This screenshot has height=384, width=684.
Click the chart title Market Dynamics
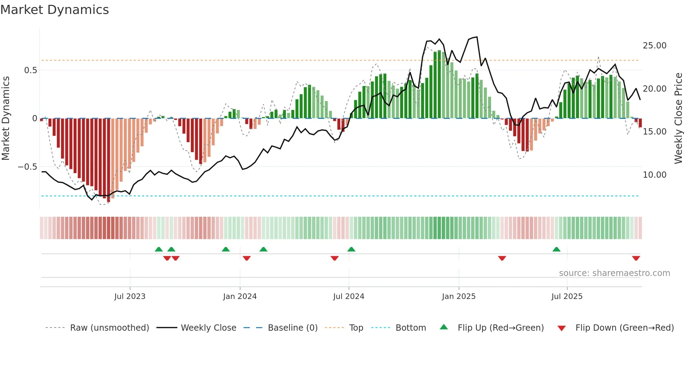[x=55, y=10]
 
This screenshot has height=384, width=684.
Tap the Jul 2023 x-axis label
[x=130, y=297]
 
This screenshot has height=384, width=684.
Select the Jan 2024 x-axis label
[x=240, y=297]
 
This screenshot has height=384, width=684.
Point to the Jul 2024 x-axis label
[x=349, y=297]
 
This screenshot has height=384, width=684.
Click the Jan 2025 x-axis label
[x=459, y=297]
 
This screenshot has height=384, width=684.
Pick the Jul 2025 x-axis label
[x=567, y=297]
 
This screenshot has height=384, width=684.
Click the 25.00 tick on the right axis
[x=655, y=46]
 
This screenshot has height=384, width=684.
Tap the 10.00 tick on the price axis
[x=655, y=175]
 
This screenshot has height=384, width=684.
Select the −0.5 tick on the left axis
[x=27, y=167]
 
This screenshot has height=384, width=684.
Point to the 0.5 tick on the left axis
[x=30, y=70]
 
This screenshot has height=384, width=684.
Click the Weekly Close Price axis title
[x=678, y=118]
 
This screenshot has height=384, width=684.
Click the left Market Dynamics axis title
[x=6, y=118]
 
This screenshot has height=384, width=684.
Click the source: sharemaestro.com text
[x=614, y=273]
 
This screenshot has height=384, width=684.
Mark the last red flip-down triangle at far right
[x=636, y=258]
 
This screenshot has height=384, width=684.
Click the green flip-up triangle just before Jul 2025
[x=556, y=249]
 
